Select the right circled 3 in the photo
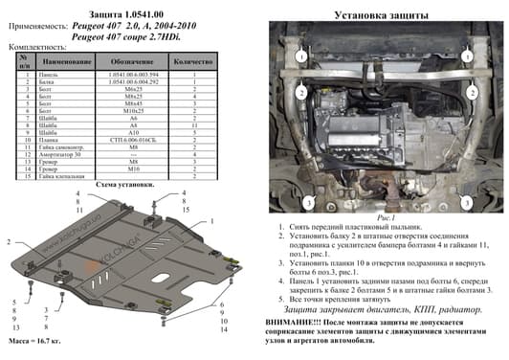[468, 202]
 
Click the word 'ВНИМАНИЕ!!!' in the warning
[293, 325]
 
